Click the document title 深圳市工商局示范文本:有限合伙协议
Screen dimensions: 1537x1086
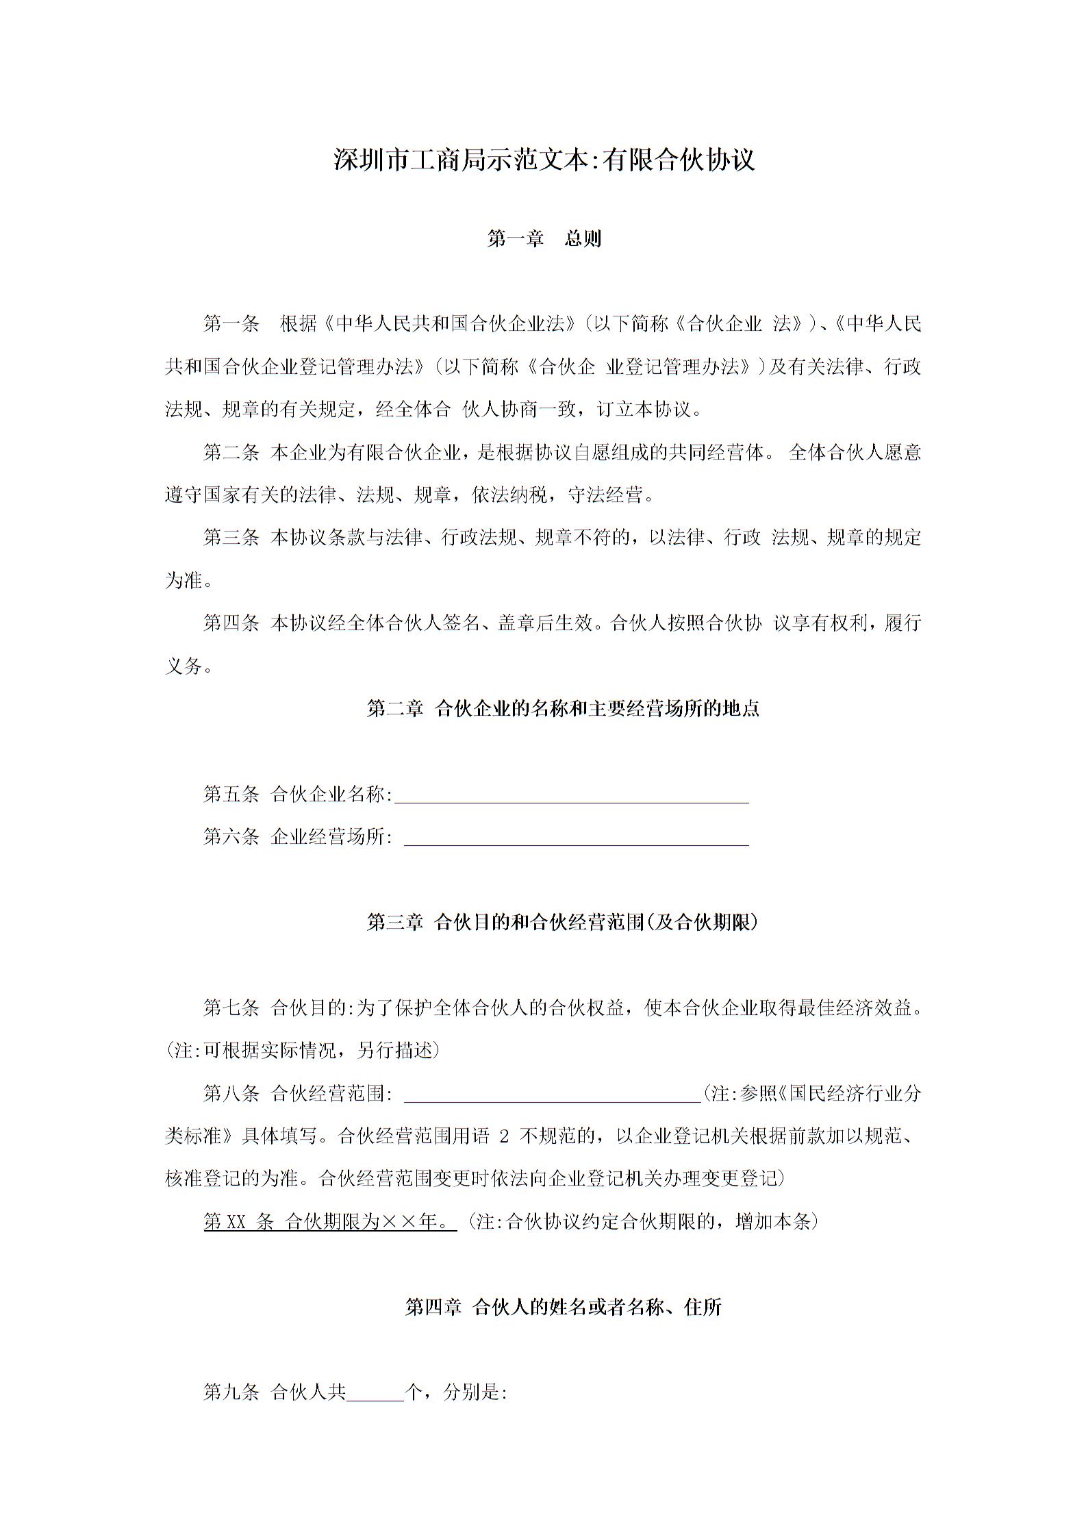[x=544, y=160]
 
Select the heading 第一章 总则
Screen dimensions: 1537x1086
[x=544, y=239]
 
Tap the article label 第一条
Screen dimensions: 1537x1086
[x=231, y=324]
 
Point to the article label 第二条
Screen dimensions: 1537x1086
[x=231, y=453]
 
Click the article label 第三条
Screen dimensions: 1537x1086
[x=231, y=538]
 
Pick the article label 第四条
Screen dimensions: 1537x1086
[x=231, y=623]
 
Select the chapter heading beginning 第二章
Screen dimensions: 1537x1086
[x=563, y=709]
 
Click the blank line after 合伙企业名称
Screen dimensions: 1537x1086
[x=572, y=797]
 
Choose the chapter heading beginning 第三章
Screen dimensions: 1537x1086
[x=563, y=923]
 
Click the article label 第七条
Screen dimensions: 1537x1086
[x=231, y=1008]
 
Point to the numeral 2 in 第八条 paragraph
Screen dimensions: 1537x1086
[x=505, y=1137]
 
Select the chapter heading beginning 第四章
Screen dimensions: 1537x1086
[x=563, y=1308]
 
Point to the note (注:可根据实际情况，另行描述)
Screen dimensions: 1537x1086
[x=302, y=1051]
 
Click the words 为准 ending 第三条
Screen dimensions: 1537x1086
[x=184, y=581]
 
